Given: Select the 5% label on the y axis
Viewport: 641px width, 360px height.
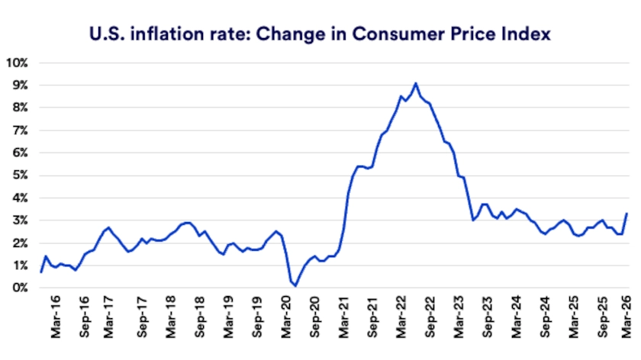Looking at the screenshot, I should (x=19, y=175).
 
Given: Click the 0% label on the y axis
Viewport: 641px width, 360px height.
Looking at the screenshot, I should (x=19, y=288).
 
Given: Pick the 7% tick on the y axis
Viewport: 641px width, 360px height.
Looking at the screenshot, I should (x=19, y=130).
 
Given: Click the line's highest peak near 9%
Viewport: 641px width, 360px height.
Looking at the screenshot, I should (x=415, y=83).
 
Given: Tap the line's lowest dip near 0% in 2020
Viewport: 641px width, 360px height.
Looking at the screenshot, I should (x=295, y=284).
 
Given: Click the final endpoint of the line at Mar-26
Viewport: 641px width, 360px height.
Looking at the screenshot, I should (x=627, y=214).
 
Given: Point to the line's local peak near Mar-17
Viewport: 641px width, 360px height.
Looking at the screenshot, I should (x=108, y=227).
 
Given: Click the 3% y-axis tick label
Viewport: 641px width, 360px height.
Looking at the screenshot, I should (x=19, y=220).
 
